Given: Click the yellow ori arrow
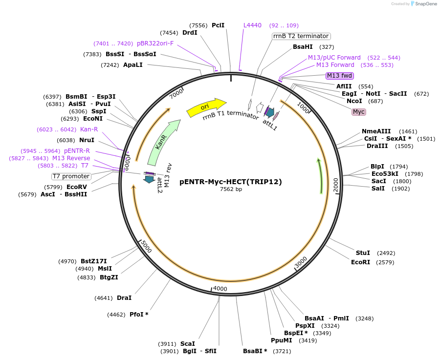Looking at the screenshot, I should tap(206, 107).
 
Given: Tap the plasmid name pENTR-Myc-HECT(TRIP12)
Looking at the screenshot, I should tap(231, 182).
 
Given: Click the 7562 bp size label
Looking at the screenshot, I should tap(231, 190).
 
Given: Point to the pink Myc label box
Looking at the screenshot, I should tap(359, 112).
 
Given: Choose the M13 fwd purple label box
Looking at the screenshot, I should tap(340, 75).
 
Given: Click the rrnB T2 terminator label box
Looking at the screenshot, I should tap(301, 36).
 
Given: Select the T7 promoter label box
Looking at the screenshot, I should tap(71, 176).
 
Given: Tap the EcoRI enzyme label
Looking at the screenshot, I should tap(361, 262).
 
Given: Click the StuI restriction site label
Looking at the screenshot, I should tap(363, 253).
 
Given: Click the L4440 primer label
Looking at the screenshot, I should tap(253, 25).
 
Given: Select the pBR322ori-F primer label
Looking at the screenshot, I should tap(155, 43).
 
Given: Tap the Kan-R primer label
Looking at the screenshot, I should tap(89, 129).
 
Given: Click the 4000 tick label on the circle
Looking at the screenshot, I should tap(220, 289).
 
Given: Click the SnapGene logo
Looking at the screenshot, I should tap(423, 4).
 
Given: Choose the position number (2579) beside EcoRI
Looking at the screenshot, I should tap(385, 262).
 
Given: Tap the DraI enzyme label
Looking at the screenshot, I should tap(124, 297).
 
